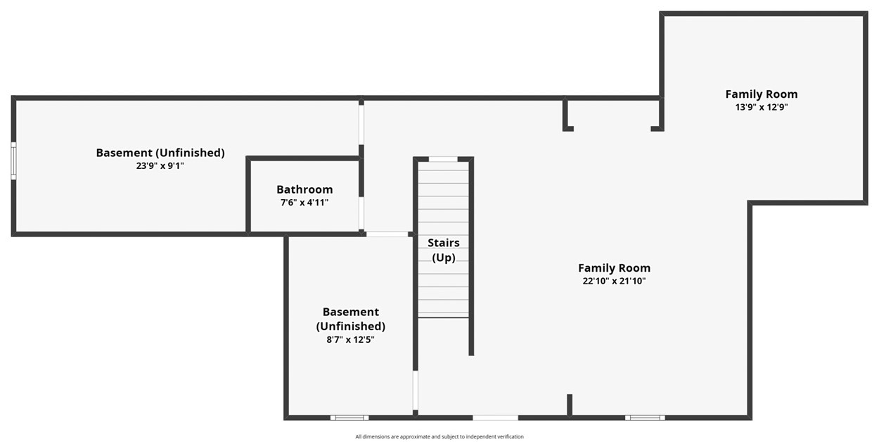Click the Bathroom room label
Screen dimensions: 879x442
point(304,189)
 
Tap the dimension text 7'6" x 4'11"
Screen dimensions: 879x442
point(304,202)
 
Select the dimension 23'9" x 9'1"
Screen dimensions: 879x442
point(160,165)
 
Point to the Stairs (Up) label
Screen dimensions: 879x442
point(444,250)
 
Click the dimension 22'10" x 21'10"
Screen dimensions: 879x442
point(614,281)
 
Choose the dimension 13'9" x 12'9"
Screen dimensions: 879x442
point(762,107)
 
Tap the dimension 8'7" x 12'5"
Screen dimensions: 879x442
point(350,339)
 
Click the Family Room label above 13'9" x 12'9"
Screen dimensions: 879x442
point(762,94)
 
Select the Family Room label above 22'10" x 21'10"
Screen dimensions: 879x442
point(614,268)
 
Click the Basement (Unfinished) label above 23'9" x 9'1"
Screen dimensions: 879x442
point(160,153)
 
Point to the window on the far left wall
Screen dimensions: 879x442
point(13,160)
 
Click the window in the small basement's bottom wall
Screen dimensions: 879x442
point(349,417)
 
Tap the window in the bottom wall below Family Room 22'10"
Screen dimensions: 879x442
point(645,417)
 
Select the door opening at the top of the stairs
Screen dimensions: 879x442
point(443,159)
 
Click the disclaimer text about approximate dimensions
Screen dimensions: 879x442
point(440,436)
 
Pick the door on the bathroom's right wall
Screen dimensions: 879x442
point(361,213)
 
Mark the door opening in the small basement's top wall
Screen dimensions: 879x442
point(387,234)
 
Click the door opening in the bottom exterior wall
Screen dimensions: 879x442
point(495,417)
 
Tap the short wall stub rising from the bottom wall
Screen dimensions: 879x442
point(570,405)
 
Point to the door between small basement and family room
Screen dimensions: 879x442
point(415,390)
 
